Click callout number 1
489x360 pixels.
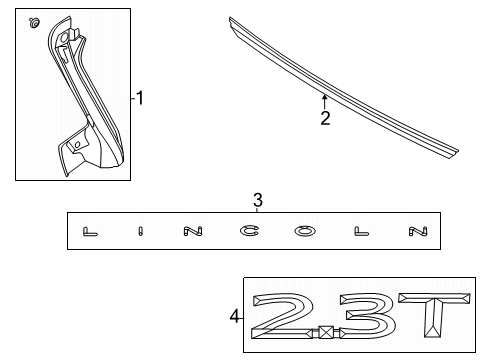(x=141, y=98)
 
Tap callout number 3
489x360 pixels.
(x=257, y=201)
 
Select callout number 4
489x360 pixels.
(x=234, y=317)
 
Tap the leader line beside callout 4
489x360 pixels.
(x=243, y=317)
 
